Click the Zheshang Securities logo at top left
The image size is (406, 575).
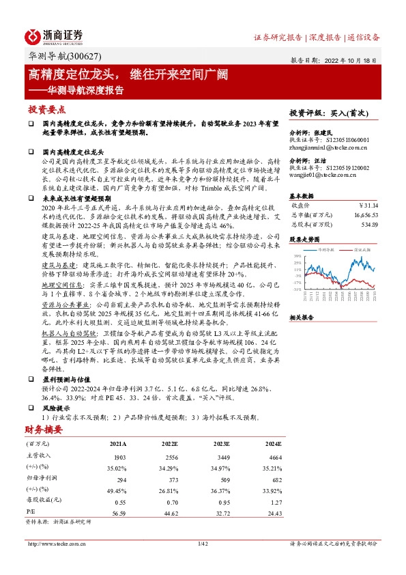tap(55, 36)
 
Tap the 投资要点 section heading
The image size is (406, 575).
tap(47, 109)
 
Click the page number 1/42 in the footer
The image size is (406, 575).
tap(202, 544)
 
